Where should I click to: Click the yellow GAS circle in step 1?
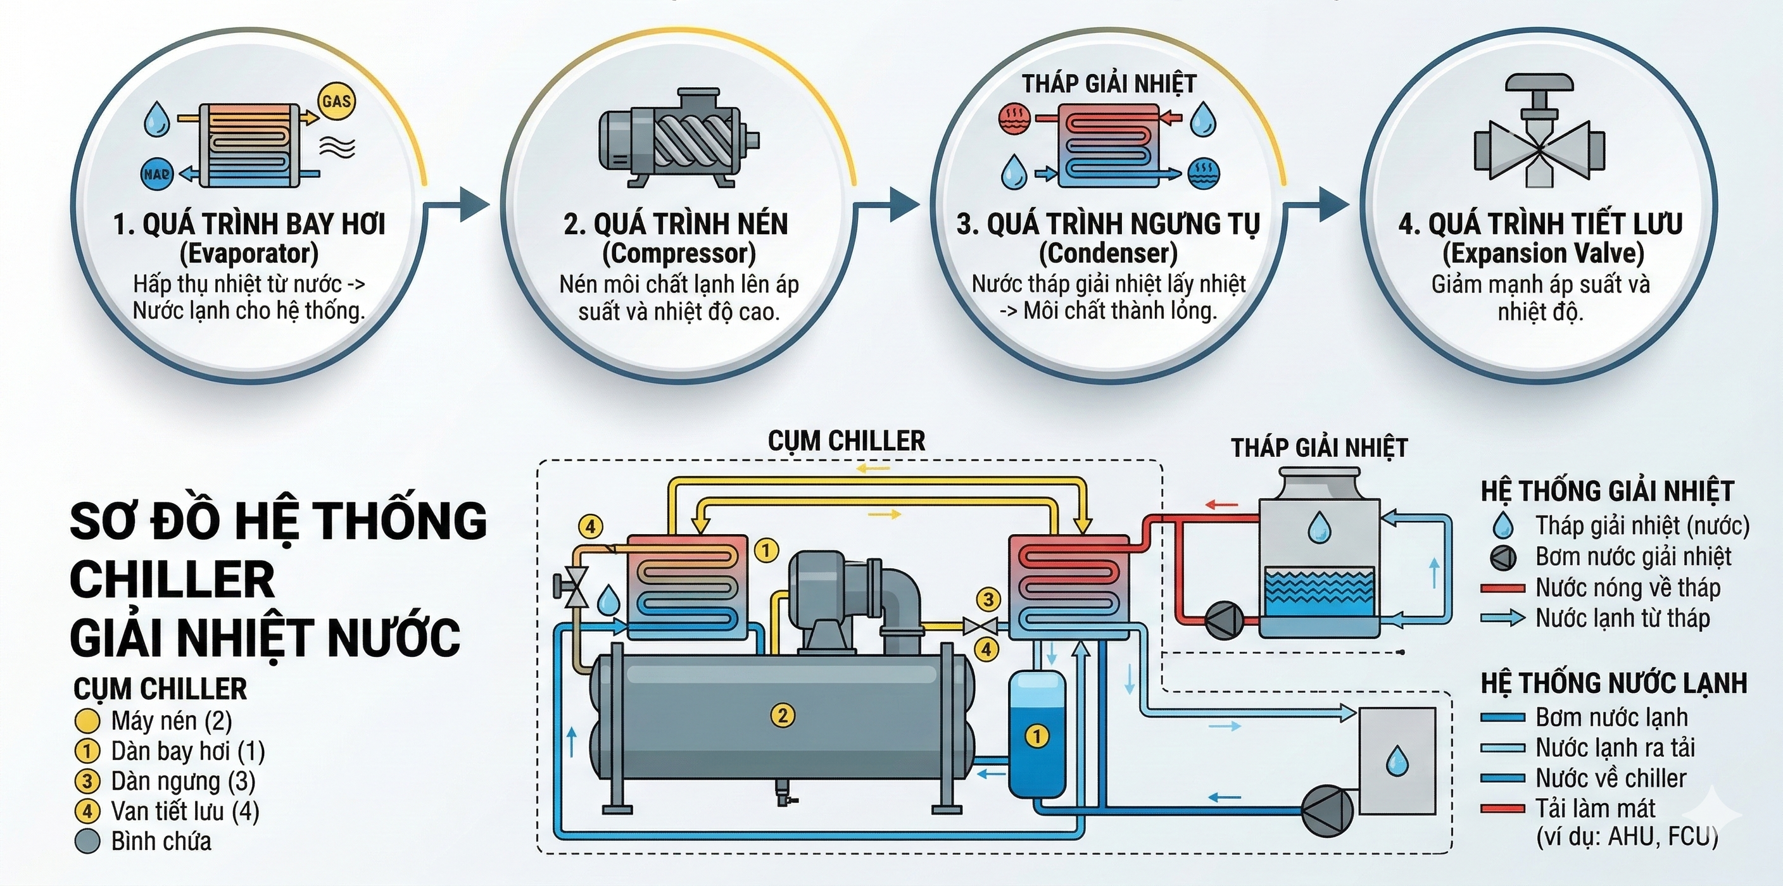(336, 102)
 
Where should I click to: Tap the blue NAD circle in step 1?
(156, 174)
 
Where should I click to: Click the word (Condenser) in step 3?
(1107, 253)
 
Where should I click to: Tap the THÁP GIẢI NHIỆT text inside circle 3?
(1109, 84)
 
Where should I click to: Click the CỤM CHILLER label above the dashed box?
(846, 440)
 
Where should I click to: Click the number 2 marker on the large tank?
(782, 715)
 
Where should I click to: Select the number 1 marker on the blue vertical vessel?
(1036, 736)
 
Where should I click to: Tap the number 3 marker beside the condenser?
(988, 600)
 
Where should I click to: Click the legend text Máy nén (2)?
(171, 721)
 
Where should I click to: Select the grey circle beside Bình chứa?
(87, 841)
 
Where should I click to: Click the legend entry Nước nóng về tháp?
(1627, 588)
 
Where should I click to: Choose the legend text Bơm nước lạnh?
(1611, 717)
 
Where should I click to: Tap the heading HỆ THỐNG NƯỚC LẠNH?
(1613, 683)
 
